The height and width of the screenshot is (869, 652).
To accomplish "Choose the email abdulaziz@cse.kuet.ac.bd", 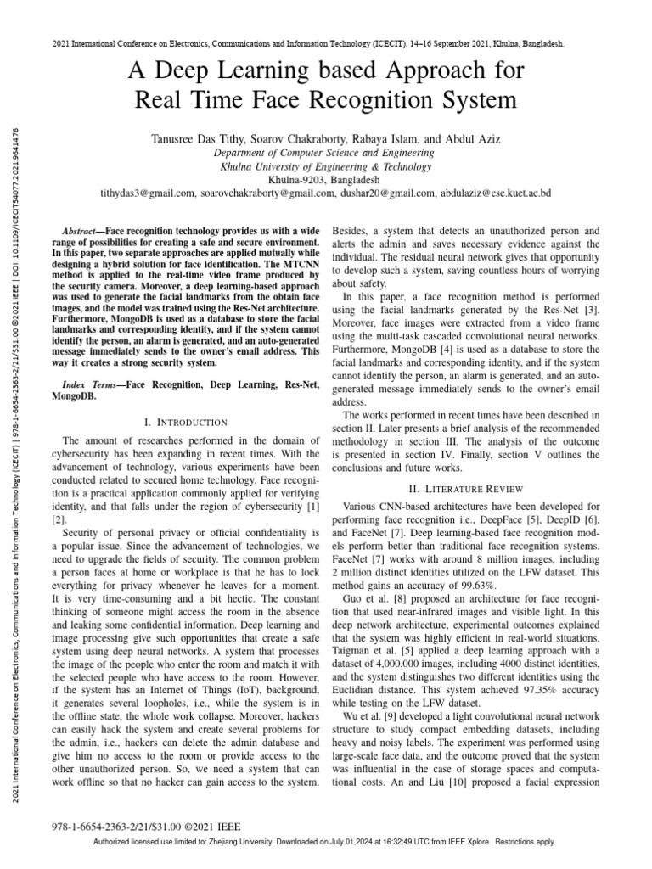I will (496, 193).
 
